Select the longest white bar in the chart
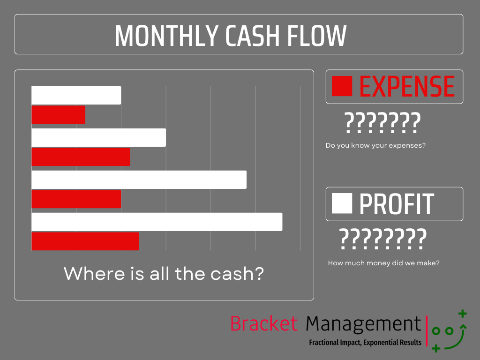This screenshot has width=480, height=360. [157, 222]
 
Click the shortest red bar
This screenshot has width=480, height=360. [58, 115]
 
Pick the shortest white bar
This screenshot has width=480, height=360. [76, 96]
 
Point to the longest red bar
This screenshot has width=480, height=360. [85, 241]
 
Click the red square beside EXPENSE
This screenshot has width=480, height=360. [342, 86]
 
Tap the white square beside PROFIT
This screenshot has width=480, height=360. [342, 203]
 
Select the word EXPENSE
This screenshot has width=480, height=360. [407, 86]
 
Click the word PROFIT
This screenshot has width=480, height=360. [397, 204]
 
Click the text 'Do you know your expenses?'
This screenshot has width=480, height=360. [375, 145]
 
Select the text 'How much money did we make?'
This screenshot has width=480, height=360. [383, 263]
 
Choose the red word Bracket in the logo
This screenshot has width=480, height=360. [264, 323]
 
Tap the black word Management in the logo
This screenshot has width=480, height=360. [363, 324]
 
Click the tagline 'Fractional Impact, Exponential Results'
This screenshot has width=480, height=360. [365, 342]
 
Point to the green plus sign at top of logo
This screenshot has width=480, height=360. [462, 313]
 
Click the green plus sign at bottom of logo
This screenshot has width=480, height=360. [436, 348]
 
